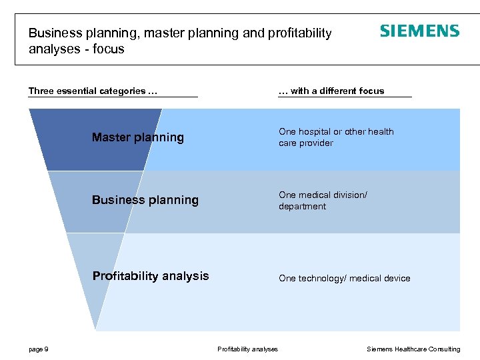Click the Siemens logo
point(419,31)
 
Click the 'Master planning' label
point(137,137)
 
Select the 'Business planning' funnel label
point(145,200)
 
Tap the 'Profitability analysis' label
point(150,276)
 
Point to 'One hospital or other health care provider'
point(336,137)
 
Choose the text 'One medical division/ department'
point(323,201)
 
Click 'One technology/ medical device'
point(344,279)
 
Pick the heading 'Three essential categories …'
point(93,91)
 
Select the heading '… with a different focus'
point(331,91)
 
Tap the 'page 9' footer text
point(38,349)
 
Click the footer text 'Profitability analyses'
point(247,349)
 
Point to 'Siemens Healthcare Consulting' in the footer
point(413,349)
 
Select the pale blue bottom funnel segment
point(93,273)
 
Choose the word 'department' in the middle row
point(302,207)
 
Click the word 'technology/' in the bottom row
point(320,279)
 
